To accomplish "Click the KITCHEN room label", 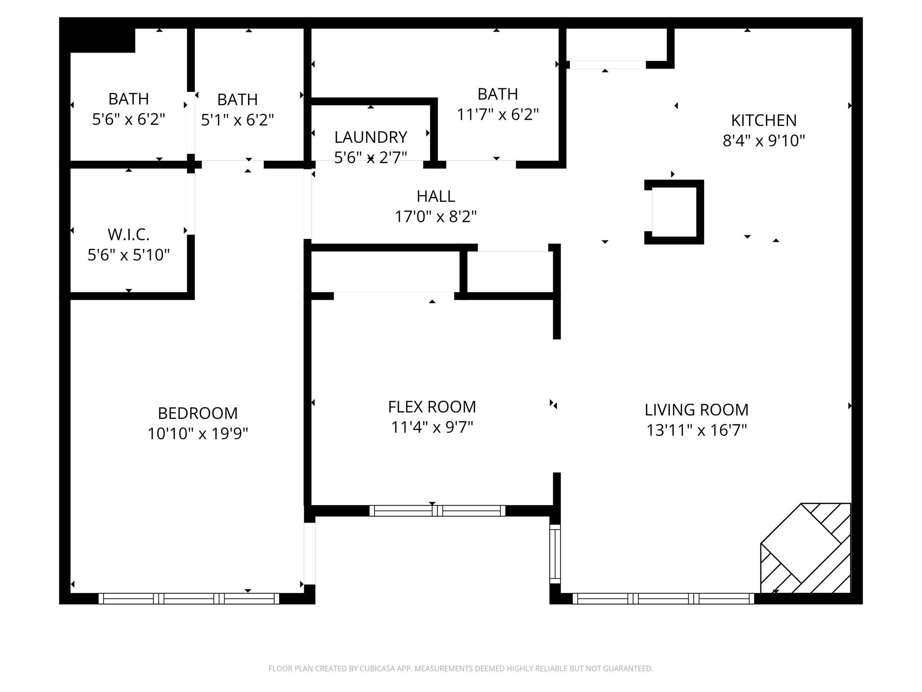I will (764, 120).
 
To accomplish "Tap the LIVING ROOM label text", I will (696, 410).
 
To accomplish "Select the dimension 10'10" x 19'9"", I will (198, 434).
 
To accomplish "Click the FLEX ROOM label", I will (432, 407).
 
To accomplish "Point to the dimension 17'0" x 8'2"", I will (435, 217).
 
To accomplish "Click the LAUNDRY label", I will (371, 137).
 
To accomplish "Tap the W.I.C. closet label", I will (128, 235).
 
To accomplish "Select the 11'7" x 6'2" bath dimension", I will (497, 115).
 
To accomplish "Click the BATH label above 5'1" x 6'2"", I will (237, 100).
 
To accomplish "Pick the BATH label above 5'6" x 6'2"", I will (128, 99).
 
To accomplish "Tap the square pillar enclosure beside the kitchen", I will (674, 212).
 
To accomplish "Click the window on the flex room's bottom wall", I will (437, 510).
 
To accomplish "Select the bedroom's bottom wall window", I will (189, 598).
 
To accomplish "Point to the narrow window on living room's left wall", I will (555, 554).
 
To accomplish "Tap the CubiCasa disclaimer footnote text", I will (461, 669).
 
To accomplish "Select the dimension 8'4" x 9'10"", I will (764, 141).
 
